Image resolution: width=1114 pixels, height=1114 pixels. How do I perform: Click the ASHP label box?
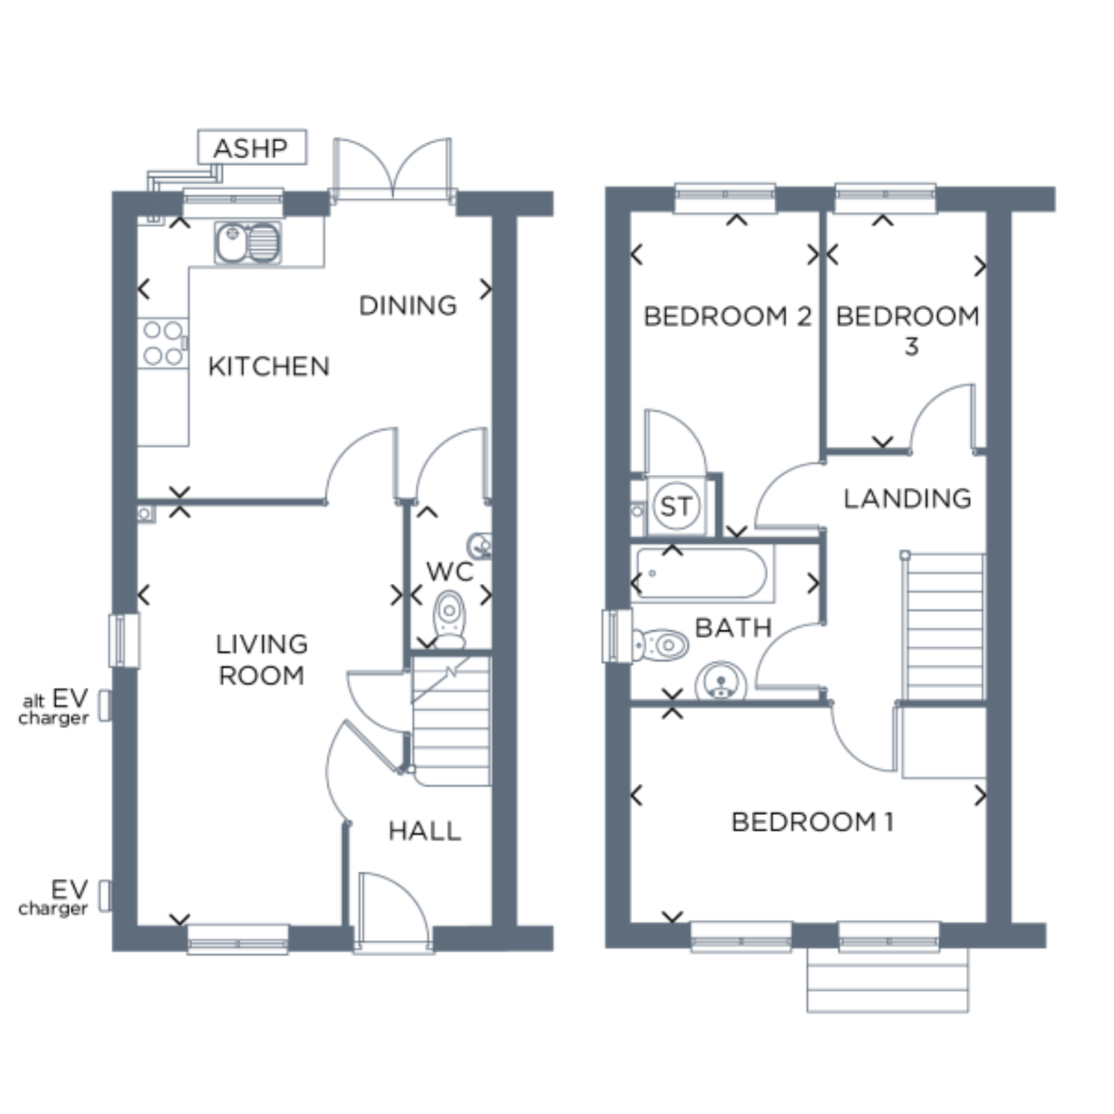click(x=252, y=147)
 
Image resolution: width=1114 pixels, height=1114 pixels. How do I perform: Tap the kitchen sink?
click(x=248, y=242)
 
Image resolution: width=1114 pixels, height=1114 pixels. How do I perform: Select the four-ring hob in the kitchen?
click(x=163, y=343)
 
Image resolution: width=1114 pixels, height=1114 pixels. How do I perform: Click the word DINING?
click(x=408, y=306)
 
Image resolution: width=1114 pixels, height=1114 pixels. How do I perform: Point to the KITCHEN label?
click(x=269, y=366)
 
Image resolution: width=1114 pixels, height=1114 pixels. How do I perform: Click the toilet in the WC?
click(x=450, y=619)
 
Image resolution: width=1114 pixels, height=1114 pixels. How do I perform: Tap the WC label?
click(x=450, y=571)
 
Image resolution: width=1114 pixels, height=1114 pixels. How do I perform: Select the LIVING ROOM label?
click(x=262, y=660)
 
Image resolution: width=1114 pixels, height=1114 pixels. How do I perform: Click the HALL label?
click(x=425, y=831)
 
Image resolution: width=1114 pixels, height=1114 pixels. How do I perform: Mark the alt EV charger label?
click(x=54, y=707)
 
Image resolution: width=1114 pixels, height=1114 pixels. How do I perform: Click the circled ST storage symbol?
click(x=676, y=506)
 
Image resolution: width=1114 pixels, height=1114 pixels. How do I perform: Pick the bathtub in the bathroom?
click(x=702, y=574)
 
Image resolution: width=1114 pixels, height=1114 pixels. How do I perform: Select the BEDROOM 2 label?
click(x=727, y=316)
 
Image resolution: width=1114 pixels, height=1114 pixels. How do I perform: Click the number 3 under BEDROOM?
click(x=911, y=347)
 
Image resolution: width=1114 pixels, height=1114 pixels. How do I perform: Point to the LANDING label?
click(x=907, y=498)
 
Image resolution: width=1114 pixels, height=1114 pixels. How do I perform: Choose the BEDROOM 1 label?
click(x=812, y=822)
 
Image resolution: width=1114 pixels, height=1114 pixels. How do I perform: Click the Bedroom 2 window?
click(x=725, y=197)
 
